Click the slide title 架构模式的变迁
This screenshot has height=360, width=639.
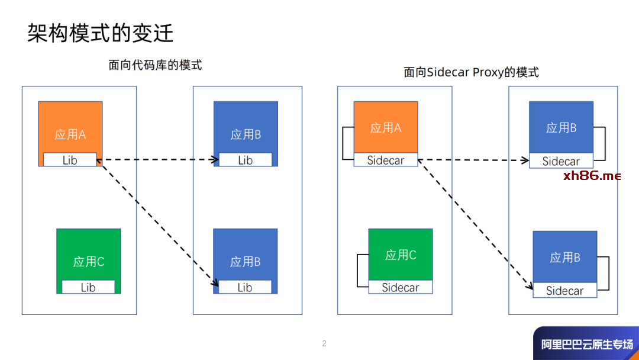101,33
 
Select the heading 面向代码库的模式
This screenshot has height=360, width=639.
155,65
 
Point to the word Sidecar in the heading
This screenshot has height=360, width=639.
448,72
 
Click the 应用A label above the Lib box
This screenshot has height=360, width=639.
70,134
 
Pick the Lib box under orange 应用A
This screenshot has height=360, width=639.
70,160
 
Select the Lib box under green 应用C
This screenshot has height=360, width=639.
88,287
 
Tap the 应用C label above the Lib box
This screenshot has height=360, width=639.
89,262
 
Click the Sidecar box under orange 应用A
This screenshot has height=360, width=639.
386,160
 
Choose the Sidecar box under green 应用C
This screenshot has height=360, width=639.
400,287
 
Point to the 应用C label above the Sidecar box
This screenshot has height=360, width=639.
401,255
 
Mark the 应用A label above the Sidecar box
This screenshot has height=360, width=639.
386,128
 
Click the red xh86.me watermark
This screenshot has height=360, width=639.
592,176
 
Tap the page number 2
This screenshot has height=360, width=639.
324,343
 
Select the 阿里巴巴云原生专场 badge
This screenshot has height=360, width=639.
586,344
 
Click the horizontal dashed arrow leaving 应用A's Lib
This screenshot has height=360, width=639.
159,160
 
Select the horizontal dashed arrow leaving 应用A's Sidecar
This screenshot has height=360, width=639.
473,160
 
